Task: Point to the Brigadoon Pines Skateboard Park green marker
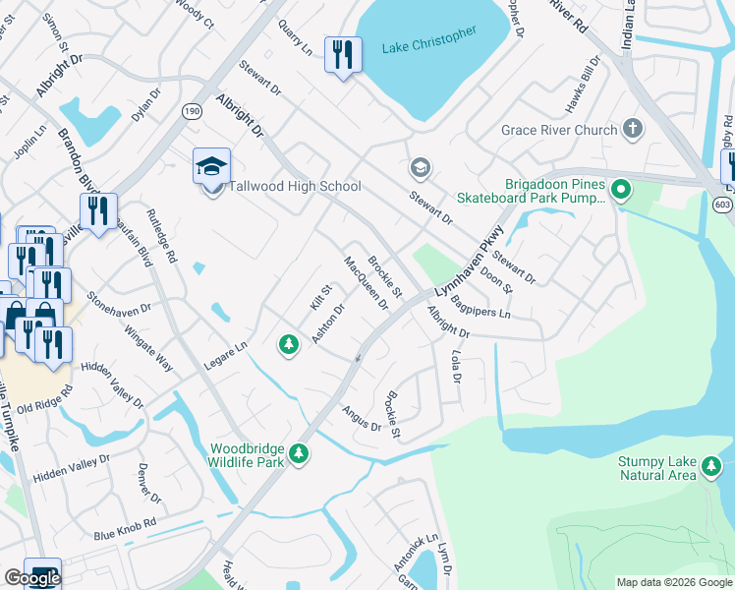(621, 187)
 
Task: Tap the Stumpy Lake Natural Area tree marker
(711, 471)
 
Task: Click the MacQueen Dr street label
(366, 282)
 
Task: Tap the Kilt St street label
(318, 299)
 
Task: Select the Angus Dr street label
(361, 419)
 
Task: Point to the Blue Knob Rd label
(125, 528)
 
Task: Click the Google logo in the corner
(31, 578)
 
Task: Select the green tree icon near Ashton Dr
(288, 343)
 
